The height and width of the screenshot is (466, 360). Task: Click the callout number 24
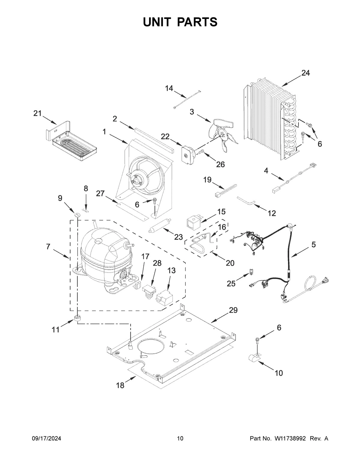[x=305, y=73]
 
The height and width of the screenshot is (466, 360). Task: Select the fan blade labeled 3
[x=223, y=134]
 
